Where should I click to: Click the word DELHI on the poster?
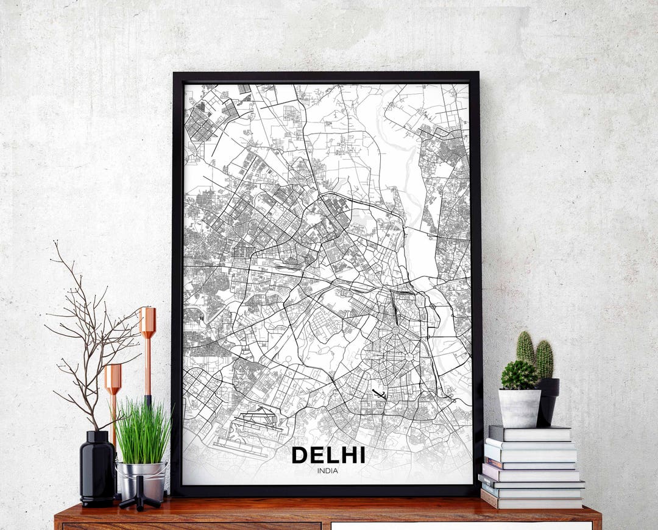pyautogui.click(x=328, y=455)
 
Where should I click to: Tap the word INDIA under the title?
pyautogui.click(x=328, y=470)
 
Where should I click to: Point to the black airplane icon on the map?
pyautogui.click(x=379, y=394)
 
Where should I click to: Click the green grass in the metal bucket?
pyautogui.click(x=143, y=433)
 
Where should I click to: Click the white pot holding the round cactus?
pyautogui.click(x=520, y=408)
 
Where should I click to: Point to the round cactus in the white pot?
pyautogui.click(x=519, y=375)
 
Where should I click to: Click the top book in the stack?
pyautogui.click(x=530, y=433)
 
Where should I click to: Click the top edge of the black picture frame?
pyautogui.click(x=326, y=77)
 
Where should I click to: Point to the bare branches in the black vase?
pyautogui.click(x=91, y=341)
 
